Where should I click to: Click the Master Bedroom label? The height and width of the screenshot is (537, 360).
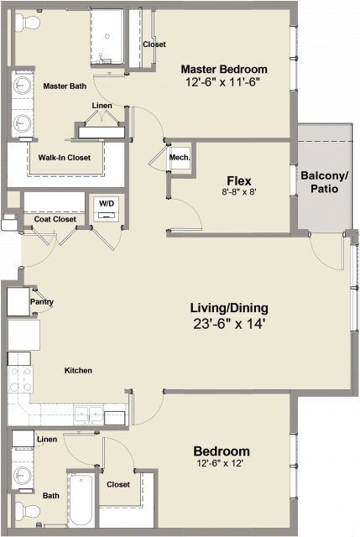click(x=224, y=69)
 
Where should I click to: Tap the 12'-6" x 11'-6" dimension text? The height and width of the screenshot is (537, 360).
click(x=222, y=82)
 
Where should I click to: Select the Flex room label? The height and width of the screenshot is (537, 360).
click(x=239, y=181)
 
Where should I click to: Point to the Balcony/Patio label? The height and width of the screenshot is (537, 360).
click(x=325, y=182)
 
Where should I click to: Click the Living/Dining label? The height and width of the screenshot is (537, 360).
click(x=229, y=308)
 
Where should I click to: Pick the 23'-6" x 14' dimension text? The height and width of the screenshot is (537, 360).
click(x=229, y=324)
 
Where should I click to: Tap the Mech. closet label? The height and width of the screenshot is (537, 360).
click(x=180, y=158)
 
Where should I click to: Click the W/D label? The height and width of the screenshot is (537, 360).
click(x=107, y=203)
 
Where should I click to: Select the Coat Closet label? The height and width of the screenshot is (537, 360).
click(x=55, y=219)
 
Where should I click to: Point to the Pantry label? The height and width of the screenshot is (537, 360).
click(x=42, y=302)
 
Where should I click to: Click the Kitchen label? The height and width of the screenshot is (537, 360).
click(x=78, y=370)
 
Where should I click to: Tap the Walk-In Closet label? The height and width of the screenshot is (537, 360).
click(x=65, y=158)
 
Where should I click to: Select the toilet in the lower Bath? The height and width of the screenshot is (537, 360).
click(x=28, y=511)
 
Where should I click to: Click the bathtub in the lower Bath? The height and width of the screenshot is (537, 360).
click(x=81, y=500)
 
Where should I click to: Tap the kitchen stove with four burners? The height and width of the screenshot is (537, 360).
click(x=20, y=379)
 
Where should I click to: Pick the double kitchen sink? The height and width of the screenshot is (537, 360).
click(x=89, y=414)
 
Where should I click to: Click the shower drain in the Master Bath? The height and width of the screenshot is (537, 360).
click(x=107, y=36)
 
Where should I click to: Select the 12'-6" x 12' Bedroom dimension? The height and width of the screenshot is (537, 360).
click(x=220, y=463)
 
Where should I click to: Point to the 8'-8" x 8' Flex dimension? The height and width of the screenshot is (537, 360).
click(x=239, y=192)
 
